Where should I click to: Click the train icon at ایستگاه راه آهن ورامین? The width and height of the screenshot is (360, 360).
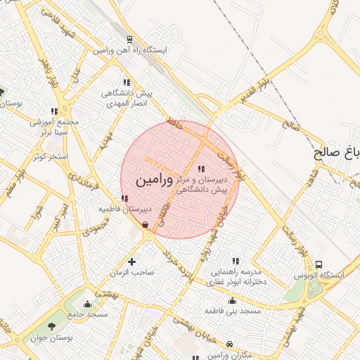129,39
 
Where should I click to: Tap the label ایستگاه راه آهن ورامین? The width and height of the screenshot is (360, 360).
134,51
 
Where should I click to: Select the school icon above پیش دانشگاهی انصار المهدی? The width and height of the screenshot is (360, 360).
127,82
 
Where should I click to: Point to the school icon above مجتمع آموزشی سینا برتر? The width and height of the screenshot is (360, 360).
54,110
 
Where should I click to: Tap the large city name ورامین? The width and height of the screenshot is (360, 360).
151,179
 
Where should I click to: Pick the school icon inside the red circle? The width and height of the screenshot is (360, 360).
201,169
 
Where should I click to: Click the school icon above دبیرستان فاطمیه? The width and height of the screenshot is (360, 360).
124,199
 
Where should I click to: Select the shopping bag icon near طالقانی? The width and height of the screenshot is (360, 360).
145,225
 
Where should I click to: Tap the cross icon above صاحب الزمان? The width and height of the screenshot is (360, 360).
131,262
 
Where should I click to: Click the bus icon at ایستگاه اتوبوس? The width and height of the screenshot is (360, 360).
319,264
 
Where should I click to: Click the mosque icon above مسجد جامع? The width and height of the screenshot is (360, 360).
87,304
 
